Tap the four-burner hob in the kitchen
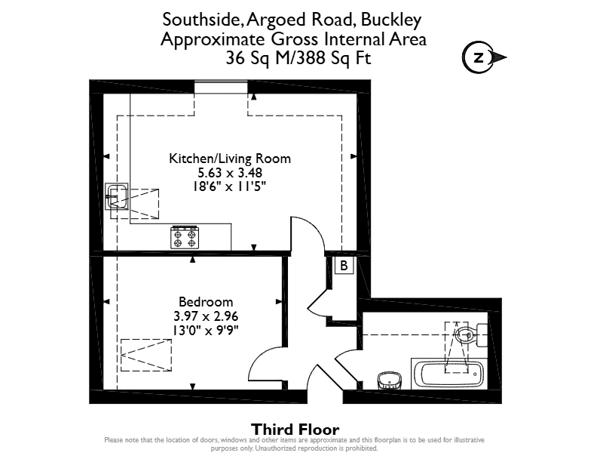coord(185,238)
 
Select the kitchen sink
coord(117,196)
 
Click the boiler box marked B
coord(344,265)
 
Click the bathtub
coord(449,374)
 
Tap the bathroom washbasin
coord(390,380)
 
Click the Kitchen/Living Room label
coord(230,159)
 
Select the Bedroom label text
coord(206,302)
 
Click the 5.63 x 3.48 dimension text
coord(230,173)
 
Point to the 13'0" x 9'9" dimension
coord(206,331)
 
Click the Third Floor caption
coord(295,430)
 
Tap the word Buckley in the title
coord(391,20)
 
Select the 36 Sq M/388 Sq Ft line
coord(298,58)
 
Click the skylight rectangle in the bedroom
coord(146,355)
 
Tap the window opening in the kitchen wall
coord(221,87)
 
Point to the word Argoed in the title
coord(277,20)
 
